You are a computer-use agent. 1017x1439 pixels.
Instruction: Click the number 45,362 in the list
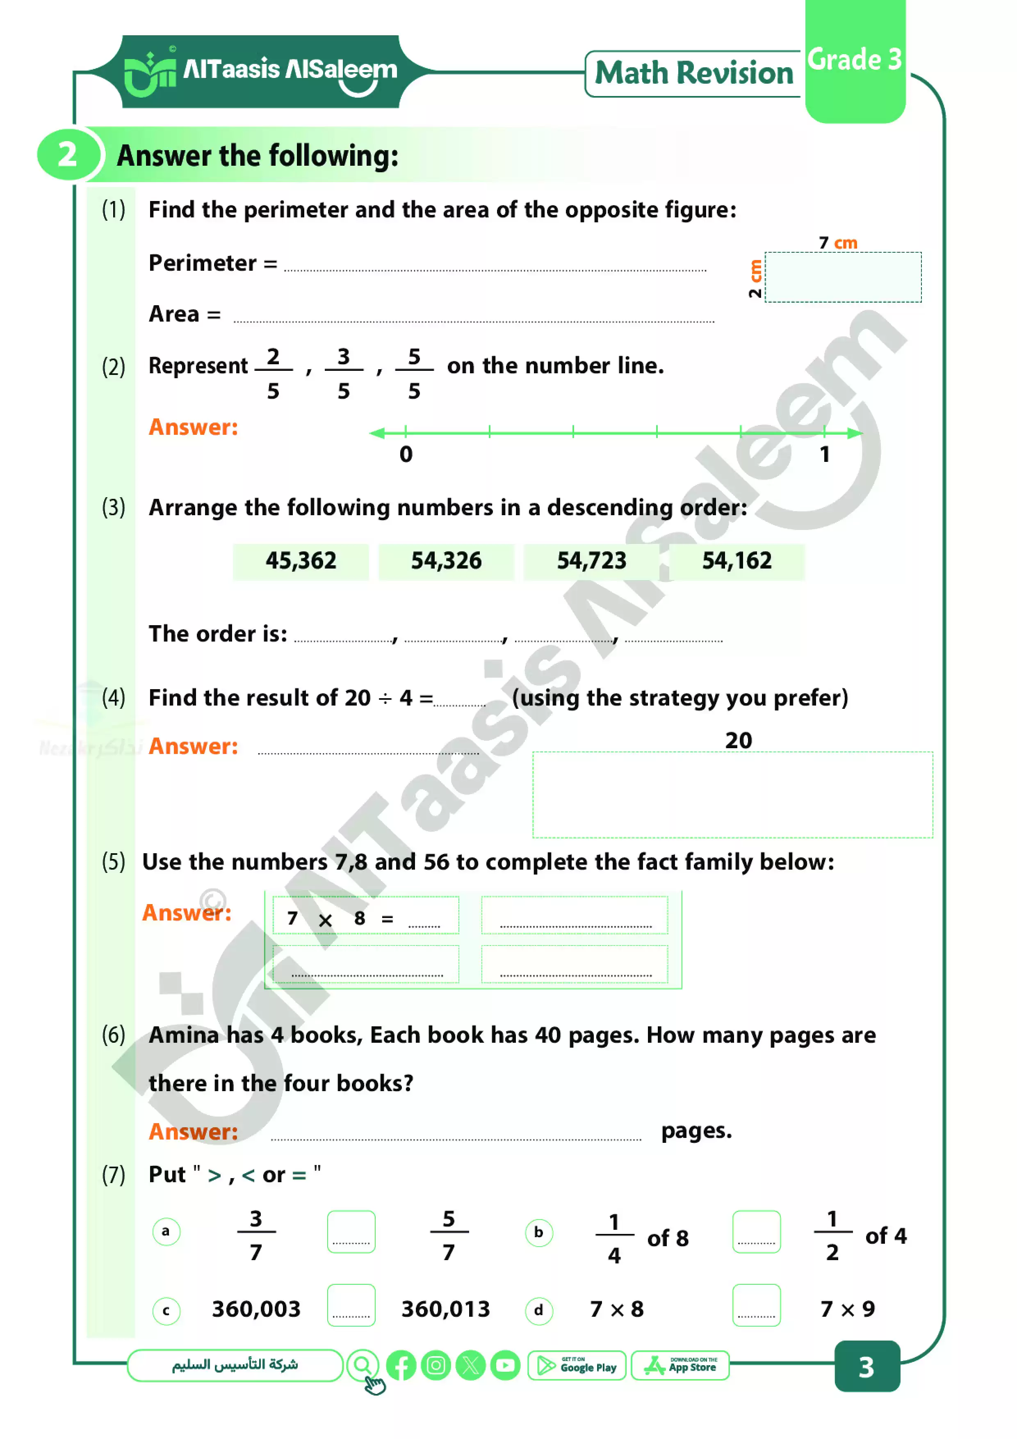click(301, 561)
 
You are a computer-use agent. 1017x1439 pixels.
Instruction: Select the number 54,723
click(591, 561)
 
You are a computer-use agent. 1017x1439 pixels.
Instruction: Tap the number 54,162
click(737, 561)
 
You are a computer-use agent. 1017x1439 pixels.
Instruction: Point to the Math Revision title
click(694, 73)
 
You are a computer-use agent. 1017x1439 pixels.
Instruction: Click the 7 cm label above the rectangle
click(838, 242)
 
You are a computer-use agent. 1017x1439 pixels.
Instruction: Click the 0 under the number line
click(406, 455)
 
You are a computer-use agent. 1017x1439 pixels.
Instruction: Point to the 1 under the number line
click(825, 455)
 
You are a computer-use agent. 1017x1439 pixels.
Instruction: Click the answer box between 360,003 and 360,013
click(351, 1306)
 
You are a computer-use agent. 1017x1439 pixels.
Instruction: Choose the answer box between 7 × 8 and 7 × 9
click(756, 1306)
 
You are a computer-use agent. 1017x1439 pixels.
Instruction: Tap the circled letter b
click(538, 1233)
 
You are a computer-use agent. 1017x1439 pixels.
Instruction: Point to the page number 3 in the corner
click(867, 1368)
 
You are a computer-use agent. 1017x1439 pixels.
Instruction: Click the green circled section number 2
click(67, 155)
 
